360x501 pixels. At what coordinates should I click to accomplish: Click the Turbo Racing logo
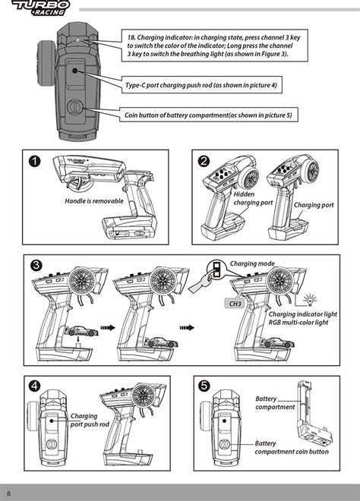[x=40, y=8]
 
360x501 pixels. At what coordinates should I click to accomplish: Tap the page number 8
[x=8, y=493]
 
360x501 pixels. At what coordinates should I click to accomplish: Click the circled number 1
[x=34, y=161]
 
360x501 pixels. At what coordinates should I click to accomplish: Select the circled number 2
[x=204, y=161]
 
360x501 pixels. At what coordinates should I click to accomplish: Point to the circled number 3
[x=36, y=265]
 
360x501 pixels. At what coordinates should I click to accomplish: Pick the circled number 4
[x=34, y=386]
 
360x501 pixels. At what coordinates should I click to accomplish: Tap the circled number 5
[x=204, y=386]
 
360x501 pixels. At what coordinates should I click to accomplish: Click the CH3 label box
[x=235, y=304]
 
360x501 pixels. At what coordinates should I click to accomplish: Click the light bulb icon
[x=309, y=300]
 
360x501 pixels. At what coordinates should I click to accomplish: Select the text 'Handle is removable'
[x=94, y=201]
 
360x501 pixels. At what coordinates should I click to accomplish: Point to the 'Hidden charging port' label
[x=253, y=198]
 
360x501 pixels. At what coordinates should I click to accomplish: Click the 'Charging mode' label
[x=252, y=263]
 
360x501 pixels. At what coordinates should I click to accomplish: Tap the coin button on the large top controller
[x=75, y=106]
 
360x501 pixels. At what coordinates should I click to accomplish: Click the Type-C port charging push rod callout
[x=202, y=85]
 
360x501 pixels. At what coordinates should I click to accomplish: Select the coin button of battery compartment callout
[x=208, y=115]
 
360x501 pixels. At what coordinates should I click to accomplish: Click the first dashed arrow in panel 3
[x=108, y=327]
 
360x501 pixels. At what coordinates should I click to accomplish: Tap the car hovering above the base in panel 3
[x=81, y=331]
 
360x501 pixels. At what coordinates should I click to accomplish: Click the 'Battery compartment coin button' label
[x=292, y=447]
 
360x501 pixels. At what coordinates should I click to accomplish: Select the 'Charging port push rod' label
[x=90, y=421]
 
